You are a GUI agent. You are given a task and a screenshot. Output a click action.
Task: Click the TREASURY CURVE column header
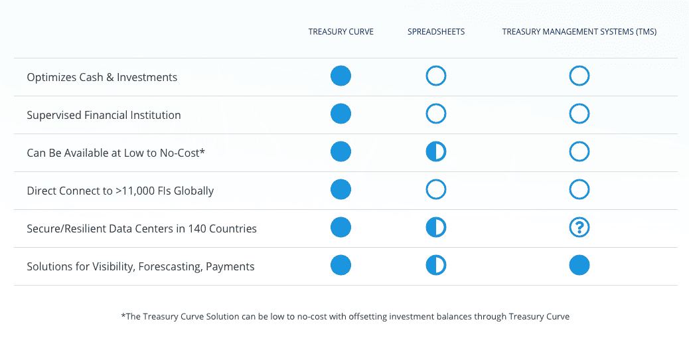[341, 32]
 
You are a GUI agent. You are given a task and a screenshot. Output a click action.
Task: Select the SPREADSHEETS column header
[436, 32]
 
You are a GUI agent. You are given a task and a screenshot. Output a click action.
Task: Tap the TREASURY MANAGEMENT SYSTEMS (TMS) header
[579, 32]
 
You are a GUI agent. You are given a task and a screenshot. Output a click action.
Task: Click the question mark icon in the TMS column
[579, 227]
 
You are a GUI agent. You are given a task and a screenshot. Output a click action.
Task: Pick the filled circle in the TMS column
[579, 265]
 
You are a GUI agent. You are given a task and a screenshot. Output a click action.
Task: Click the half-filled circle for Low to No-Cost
[436, 151]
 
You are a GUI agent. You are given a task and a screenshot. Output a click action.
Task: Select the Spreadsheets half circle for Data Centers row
[436, 227]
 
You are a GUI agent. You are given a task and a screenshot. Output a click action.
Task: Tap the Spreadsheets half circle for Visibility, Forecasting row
[436, 265]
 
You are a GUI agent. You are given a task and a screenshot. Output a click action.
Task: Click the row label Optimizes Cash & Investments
[102, 77]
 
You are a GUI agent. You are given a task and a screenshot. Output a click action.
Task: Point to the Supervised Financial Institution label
[104, 115]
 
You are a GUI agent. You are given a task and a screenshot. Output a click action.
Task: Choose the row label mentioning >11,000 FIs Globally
[120, 191]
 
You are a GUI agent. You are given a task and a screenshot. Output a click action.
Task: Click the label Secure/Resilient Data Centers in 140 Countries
[141, 228]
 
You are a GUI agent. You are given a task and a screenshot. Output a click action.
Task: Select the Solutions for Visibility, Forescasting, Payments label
[141, 266]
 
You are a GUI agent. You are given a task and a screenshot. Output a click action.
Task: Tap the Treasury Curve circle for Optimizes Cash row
[341, 76]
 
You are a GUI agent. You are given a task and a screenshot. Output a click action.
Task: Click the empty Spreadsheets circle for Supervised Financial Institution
[426, 114]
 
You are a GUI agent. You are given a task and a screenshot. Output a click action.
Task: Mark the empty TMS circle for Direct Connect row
[570, 189]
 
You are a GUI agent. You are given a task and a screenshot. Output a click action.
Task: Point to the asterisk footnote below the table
[345, 316]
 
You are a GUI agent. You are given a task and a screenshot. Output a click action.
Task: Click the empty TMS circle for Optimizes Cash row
[570, 76]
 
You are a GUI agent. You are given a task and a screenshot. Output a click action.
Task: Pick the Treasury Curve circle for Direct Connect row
[341, 189]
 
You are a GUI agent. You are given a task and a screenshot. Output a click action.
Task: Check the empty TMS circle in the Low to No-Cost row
[570, 151]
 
